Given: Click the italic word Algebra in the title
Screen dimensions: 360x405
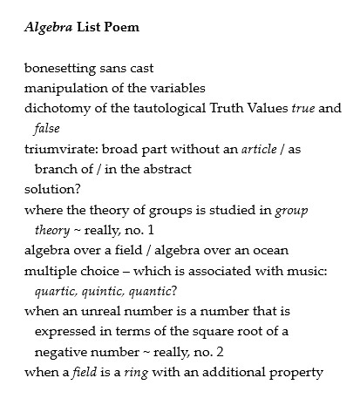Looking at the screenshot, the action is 47,27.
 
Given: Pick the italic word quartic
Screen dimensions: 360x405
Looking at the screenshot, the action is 56,291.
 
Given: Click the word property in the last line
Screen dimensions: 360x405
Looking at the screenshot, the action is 298,373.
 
